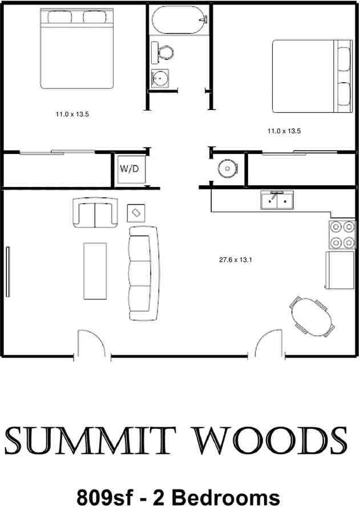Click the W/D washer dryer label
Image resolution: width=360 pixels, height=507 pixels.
point(129,169)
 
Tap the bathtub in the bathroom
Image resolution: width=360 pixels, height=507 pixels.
point(177,21)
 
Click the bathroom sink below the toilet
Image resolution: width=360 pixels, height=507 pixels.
point(160,77)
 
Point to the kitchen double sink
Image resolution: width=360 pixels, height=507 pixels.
point(277,201)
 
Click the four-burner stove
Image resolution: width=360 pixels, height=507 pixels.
point(341,236)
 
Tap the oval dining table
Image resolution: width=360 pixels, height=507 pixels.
point(312,317)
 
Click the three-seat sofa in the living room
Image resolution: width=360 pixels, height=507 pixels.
point(143,273)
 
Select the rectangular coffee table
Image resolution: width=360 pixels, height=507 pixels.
point(95,271)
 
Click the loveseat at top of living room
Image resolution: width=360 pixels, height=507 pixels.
point(95,212)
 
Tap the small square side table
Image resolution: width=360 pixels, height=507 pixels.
point(136,213)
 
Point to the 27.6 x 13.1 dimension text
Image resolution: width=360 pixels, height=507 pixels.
point(236,260)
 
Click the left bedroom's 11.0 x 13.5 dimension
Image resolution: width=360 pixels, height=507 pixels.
point(72,115)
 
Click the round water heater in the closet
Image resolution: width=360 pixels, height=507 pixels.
point(228,168)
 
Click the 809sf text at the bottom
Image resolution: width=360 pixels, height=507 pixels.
point(107,495)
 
